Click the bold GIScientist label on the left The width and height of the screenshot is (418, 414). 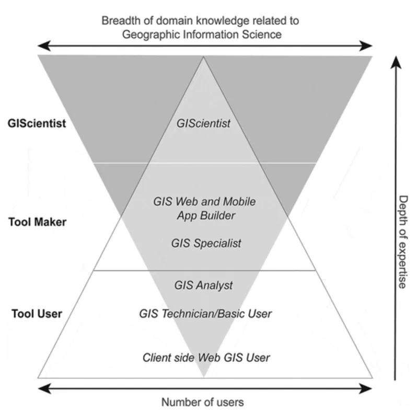click(37, 123)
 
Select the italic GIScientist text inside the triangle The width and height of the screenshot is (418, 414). click(203, 123)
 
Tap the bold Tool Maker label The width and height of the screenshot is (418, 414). click(37, 222)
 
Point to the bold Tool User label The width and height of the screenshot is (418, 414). click(37, 314)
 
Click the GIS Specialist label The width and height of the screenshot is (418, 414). click(206, 243)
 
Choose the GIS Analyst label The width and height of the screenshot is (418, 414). click(203, 285)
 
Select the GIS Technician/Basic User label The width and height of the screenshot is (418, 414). click(205, 314)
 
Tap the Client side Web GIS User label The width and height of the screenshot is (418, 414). click(206, 358)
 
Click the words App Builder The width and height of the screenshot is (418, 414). click(206, 215)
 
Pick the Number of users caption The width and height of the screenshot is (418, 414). click(203, 402)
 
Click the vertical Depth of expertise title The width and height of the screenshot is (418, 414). click(403, 242)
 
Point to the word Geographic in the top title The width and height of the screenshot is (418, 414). click(153, 34)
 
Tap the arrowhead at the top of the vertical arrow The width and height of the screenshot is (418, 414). click(396, 62)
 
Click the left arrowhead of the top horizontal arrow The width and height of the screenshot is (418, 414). click(44, 46)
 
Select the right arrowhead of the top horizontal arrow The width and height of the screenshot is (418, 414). click(366, 46)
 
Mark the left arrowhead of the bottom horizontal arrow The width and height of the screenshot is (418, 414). click(44, 388)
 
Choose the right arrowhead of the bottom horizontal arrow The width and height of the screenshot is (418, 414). click(366, 388)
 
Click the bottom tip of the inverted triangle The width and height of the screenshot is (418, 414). click(204, 376)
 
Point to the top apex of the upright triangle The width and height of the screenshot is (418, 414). click(204, 57)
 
